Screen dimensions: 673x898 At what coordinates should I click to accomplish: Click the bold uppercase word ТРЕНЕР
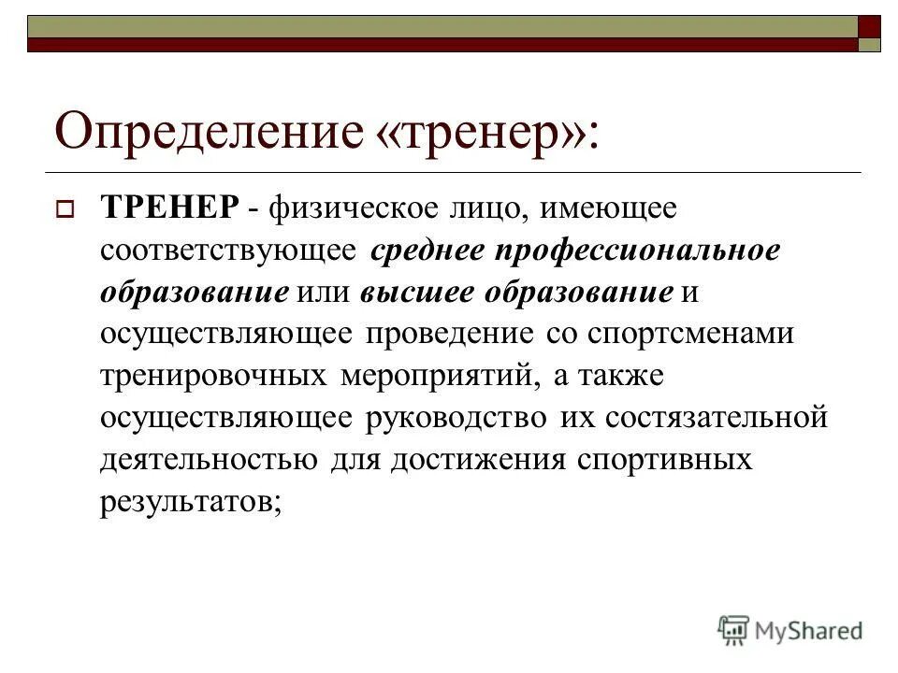point(169,208)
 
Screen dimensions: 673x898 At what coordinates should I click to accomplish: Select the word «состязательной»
point(717,417)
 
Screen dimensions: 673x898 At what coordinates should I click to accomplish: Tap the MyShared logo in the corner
point(790,629)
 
